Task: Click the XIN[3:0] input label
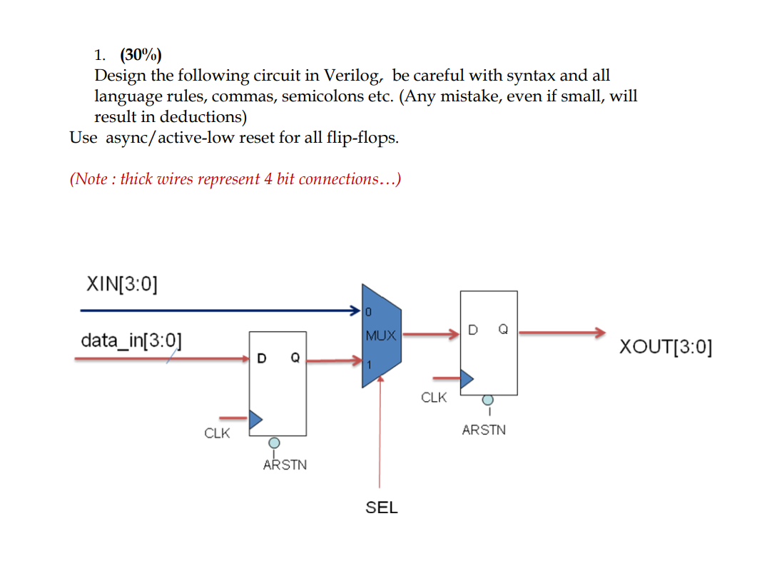tap(121, 283)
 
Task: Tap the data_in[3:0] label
tap(131, 340)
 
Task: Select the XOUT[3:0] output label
tap(665, 347)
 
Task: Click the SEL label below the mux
tap(382, 507)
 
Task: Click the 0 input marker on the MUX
tap(368, 312)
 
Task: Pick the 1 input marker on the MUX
tap(369, 365)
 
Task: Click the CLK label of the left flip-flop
tap(217, 433)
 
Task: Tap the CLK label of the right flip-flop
tap(434, 397)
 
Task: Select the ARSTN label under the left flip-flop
tap(285, 465)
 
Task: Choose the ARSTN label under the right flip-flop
tap(484, 430)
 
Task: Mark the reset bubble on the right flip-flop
tap(487, 400)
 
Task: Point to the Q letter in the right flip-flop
tap(504, 330)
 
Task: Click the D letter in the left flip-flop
tap(262, 356)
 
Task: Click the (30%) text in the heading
tap(141, 55)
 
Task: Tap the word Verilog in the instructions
tap(353, 76)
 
